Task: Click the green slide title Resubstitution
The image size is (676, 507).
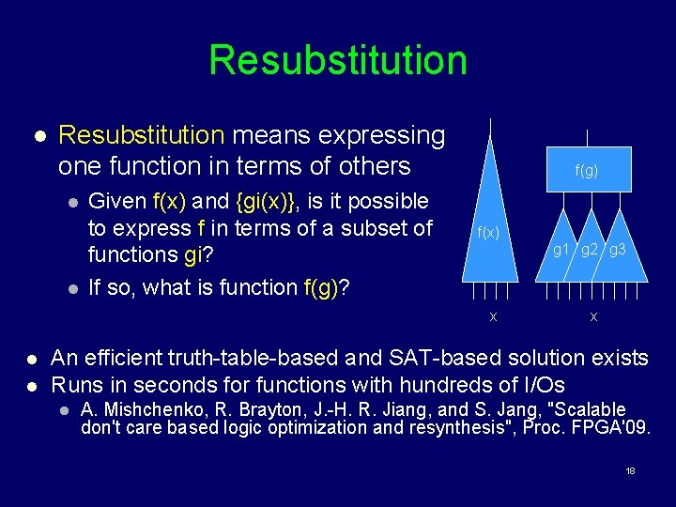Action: [338, 59]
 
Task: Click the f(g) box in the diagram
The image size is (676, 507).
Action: [587, 171]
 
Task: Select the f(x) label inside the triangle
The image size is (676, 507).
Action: [488, 233]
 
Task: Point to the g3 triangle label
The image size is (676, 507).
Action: [618, 250]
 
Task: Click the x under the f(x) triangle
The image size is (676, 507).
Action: [493, 316]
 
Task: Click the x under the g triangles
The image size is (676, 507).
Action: [593, 316]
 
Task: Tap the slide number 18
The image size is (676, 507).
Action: [630, 469]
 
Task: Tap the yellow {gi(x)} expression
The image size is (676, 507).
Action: [266, 201]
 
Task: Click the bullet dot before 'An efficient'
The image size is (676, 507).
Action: [31, 359]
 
